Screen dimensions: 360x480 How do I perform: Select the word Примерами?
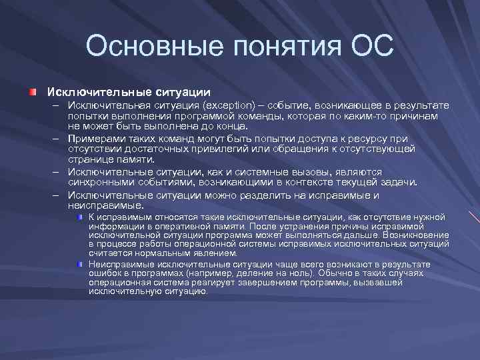coord(93,138)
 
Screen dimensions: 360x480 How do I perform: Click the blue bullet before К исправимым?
coord(80,217)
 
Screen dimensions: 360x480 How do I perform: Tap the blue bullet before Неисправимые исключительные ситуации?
coord(80,265)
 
